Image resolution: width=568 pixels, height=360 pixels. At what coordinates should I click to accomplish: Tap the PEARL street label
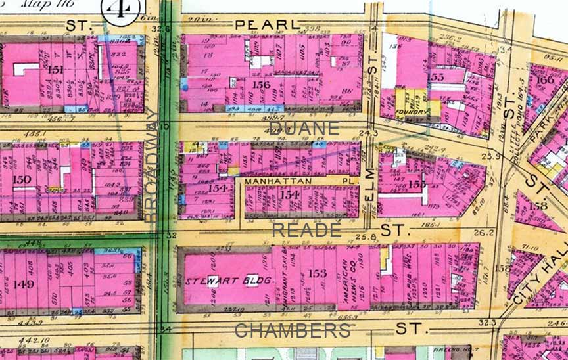click(x=262, y=24)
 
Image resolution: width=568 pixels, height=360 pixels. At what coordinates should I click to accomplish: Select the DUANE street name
click(x=304, y=128)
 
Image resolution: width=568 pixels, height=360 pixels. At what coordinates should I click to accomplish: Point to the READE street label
click(x=306, y=230)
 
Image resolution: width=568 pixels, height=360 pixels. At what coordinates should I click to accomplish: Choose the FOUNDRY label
click(x=412, y=112)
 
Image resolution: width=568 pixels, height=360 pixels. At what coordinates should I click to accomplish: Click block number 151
click(x=55, y=70)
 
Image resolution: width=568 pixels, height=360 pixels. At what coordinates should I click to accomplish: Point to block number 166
click(x=545, y=80)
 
